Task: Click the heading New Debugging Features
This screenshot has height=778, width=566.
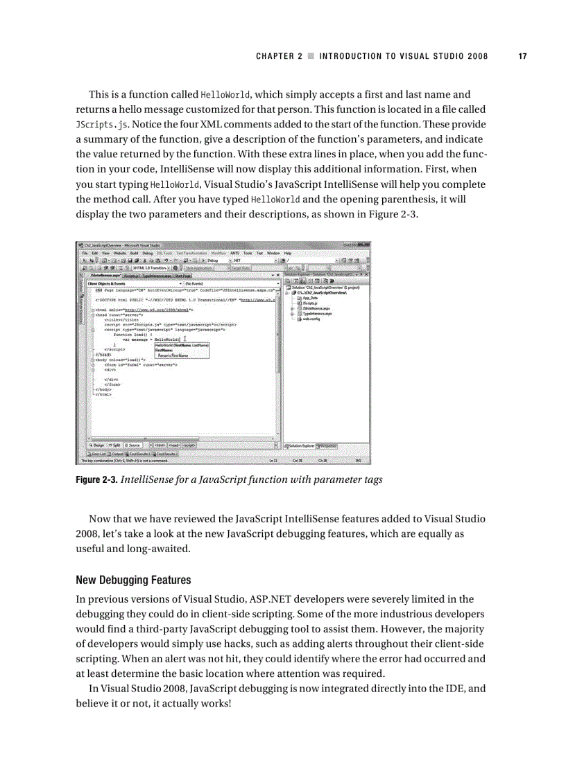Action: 133,579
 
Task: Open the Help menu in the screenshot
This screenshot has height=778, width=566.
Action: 287,254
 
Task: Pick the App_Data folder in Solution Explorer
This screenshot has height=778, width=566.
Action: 307,297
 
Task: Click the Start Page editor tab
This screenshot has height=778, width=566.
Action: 182,276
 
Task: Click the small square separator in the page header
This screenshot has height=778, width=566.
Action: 311,56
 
